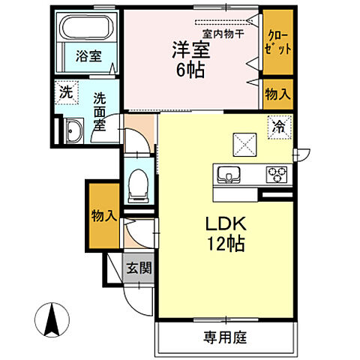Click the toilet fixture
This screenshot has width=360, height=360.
click(137, 183)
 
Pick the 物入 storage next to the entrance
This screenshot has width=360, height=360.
click(103, 216)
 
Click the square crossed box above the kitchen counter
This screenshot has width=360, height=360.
click(243, 142)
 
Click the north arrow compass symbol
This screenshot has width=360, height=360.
click(52, 321)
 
